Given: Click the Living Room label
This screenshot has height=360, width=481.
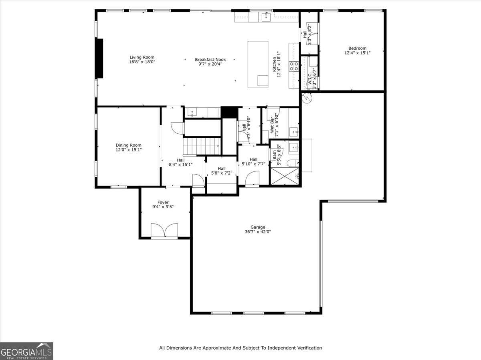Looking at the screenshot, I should (x=141, y=57).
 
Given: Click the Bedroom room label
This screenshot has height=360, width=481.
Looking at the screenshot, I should (x=357, y=48).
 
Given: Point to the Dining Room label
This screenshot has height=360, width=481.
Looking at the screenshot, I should (x=128, y=145).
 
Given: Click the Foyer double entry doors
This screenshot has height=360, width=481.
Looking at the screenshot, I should (x=164, y=230).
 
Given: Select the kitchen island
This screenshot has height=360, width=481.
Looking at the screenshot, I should (x=258, y=64).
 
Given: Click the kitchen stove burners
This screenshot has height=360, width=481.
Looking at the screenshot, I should (x=294, y=66).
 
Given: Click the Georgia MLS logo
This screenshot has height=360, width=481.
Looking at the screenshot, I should (x=26, y=351).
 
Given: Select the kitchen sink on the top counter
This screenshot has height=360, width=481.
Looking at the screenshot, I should (x=266, y=17).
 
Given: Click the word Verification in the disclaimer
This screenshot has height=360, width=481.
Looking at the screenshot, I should (x=309, y=348).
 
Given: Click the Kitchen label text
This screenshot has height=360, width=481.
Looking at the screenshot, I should (x=275, y=64).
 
